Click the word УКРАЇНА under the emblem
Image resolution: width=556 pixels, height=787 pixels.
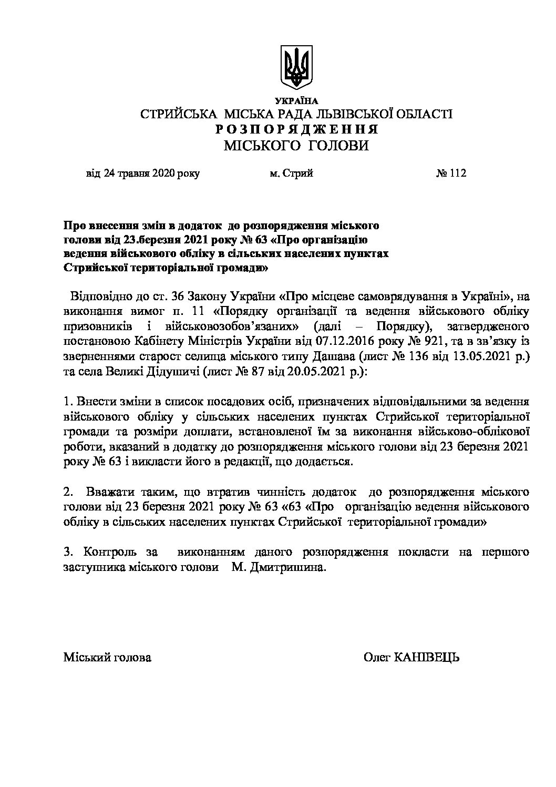point(296,101)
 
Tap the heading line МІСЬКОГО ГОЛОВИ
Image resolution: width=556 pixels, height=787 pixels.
point(296,146)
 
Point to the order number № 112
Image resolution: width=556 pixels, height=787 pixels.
point(451,173)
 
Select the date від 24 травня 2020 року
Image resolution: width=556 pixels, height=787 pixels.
point(142,173)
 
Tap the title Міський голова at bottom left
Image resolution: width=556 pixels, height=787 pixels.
point(107,658)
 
